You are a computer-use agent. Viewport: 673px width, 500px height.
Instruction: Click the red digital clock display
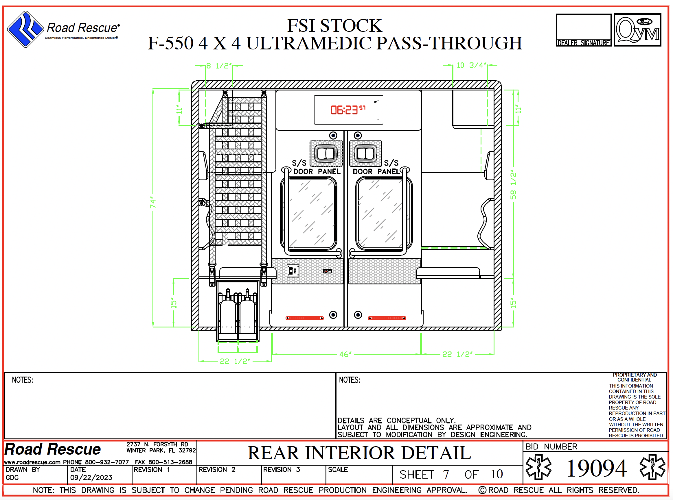348,110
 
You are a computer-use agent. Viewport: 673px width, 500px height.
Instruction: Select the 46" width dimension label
345,354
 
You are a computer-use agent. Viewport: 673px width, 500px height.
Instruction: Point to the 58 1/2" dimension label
513,184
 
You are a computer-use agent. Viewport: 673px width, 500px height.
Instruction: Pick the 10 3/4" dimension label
472,65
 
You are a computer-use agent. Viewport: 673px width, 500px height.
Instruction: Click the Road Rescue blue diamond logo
25,29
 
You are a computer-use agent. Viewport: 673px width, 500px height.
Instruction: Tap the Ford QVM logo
637,30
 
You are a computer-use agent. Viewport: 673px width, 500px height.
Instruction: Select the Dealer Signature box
583,30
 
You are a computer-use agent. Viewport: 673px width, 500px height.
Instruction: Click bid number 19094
596,468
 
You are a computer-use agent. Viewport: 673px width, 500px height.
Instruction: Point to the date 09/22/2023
91,478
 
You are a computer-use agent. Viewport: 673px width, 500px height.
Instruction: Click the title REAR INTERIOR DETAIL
359,453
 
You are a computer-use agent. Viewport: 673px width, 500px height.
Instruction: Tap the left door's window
312,214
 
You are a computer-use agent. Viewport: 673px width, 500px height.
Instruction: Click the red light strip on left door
305,318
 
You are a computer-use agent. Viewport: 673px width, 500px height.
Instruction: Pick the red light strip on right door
387,318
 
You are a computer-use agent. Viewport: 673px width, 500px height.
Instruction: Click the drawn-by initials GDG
12,478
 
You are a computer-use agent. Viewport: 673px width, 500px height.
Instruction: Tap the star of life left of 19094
538,467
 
